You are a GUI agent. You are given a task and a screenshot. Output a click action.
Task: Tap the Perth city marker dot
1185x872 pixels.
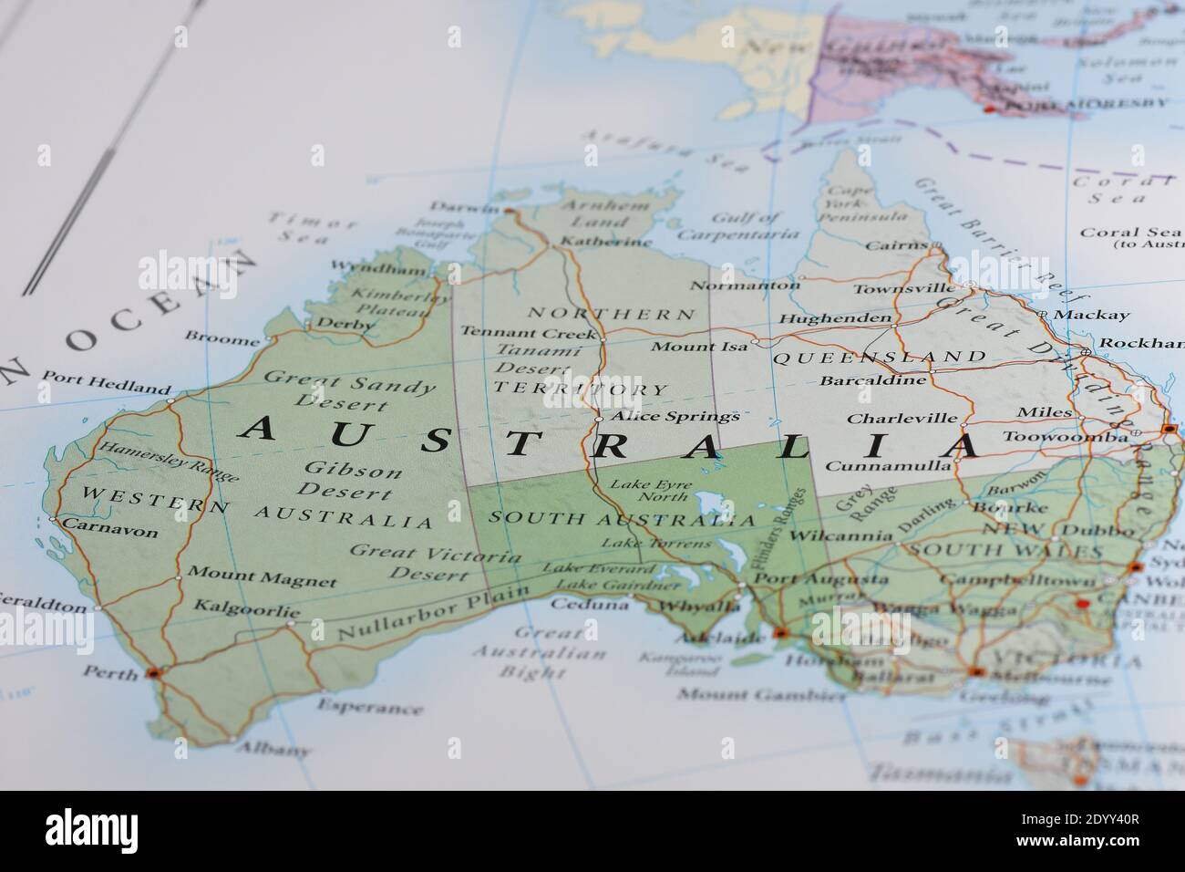coord(153,673)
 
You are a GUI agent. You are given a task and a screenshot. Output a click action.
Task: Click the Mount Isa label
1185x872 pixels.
coord(699,347)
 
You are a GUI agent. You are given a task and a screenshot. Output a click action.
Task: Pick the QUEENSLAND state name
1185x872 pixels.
coord(879,357)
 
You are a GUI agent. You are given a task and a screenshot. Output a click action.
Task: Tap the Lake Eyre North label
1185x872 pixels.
coord(650,491)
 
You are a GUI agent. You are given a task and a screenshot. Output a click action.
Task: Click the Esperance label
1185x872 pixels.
coord(370,707)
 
